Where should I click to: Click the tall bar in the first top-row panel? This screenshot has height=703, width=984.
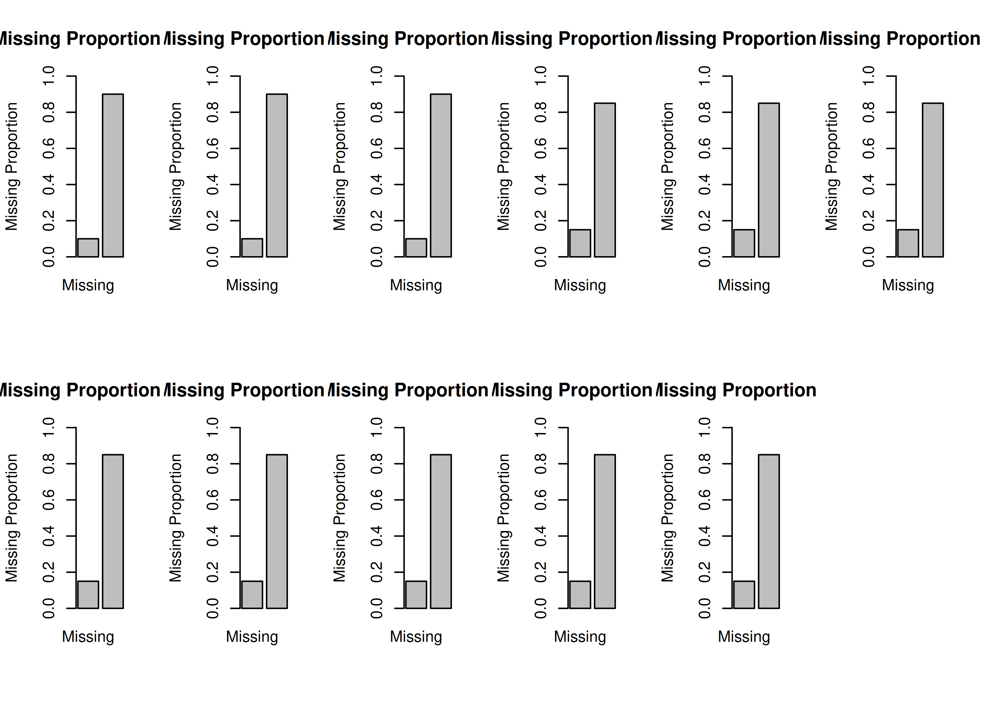point(113,175)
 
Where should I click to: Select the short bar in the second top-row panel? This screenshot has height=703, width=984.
point(252,248)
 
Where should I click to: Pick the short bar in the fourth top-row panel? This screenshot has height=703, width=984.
point(580,243)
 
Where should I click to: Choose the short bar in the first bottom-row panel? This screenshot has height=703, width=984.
point(88,595)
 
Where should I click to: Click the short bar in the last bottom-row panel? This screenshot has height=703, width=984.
point(744,595)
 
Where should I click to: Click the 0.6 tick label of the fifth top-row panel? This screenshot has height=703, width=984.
point(704,149)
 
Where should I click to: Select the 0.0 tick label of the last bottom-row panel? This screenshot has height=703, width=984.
point(704,608)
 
